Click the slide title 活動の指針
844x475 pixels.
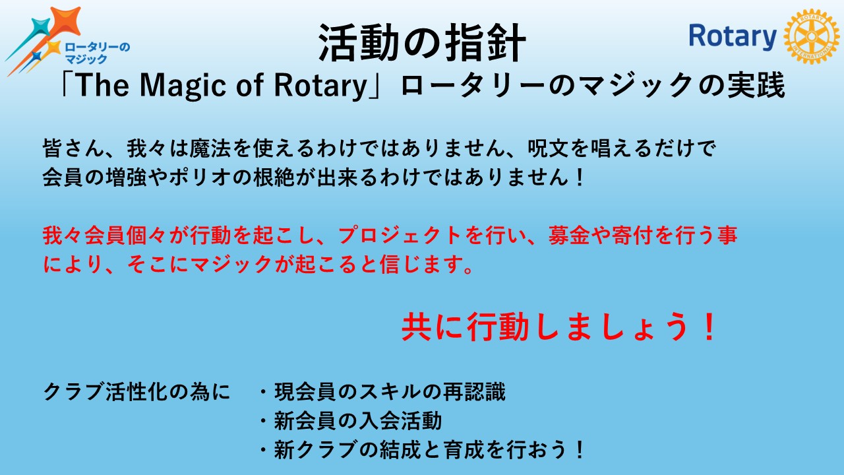(422, 43)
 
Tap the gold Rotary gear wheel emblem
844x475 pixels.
(812, 36)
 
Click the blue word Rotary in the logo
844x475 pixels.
(733, 36)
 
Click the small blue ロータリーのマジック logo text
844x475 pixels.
(97, 53)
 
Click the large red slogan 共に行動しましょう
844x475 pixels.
(558, 327)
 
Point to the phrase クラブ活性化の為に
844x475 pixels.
(136, 392)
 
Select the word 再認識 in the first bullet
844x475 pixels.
(474, 392)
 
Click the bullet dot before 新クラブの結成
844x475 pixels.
(264, 450)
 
